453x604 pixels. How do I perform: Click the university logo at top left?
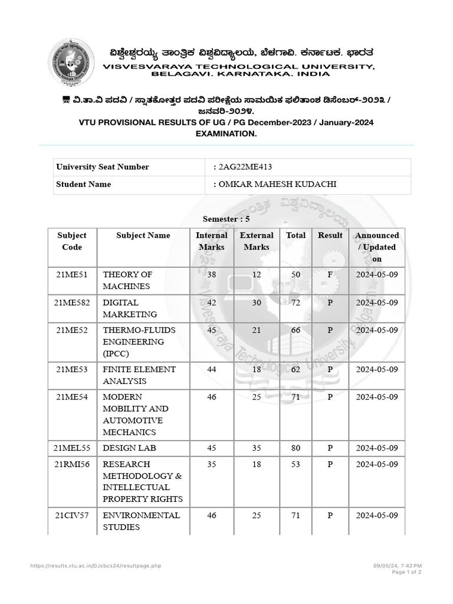71,62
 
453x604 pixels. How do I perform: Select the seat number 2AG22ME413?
245,167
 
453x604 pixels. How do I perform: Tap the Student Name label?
83,184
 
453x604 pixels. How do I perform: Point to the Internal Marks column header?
211,241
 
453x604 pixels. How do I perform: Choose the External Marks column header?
257,241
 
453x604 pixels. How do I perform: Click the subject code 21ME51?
71,274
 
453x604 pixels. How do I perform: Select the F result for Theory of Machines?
330,274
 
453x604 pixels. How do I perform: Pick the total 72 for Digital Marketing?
296,303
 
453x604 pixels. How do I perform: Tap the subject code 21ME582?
72,303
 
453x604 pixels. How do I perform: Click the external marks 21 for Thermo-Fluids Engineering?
257,330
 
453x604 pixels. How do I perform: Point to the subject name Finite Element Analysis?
139,375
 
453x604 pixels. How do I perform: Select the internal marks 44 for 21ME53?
211,369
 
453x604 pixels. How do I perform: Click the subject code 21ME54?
71,397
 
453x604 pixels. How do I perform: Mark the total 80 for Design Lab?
296,448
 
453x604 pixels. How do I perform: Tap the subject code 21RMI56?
72,464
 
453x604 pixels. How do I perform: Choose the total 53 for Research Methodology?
296,464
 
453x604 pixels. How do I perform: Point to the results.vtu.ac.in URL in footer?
96,566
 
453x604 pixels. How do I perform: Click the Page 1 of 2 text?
406,572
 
